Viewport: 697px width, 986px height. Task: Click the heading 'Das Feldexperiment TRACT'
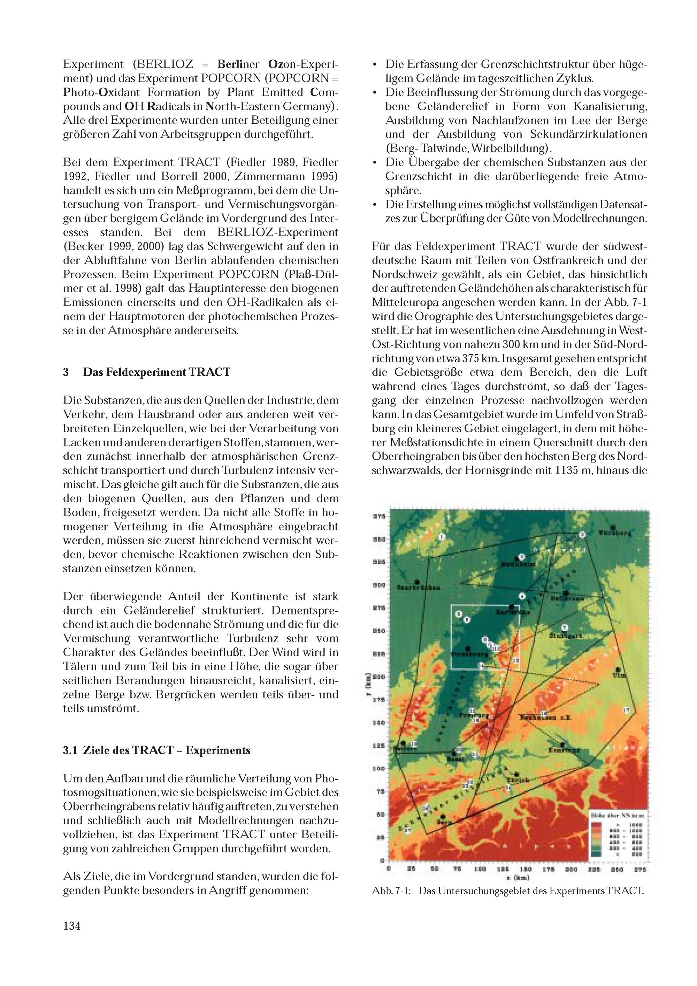tap(157, 372)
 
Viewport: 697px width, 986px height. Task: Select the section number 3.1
tap(70, 750)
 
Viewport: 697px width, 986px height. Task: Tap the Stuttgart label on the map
tap(566, 636)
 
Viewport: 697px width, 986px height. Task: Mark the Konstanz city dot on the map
tap(562, 744)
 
